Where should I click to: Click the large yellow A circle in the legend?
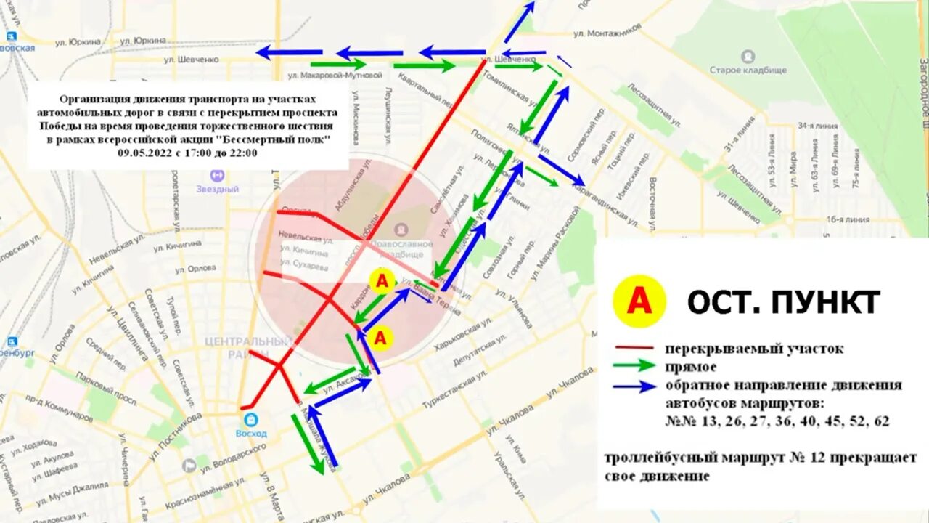[639, 301]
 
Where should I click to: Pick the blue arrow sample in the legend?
[634, 386]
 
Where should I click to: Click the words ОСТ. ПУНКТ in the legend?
[784, 301]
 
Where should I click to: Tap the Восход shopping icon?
[251, 419]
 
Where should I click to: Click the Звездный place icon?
[217, 175]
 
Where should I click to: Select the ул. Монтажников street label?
[607, 33]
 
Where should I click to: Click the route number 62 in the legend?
[881, 421]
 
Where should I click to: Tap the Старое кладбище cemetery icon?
[748, 56]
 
